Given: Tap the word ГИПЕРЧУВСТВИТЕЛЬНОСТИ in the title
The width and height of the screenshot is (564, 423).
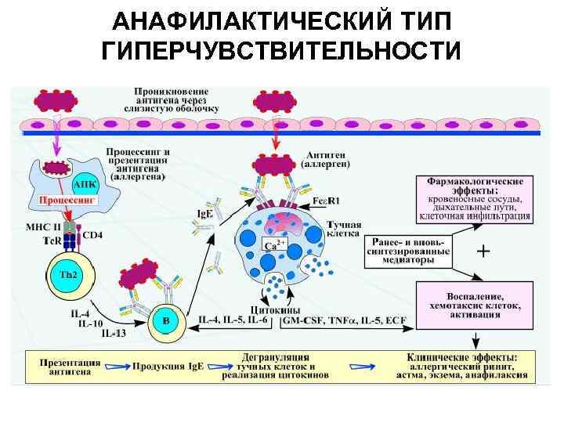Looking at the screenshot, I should pyautogui.click(x=281, y=51).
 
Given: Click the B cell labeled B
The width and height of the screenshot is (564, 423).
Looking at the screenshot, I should pyautogui.click(x=165, y=320).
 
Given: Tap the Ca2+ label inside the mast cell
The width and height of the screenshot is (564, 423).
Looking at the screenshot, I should pyautogui.click(x=273, y=247).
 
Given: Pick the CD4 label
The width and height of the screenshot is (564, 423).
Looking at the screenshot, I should pyautogui.click(x=92, y=233).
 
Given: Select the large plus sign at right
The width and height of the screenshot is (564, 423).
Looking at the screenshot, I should pyautogui.click(x=484, y=251).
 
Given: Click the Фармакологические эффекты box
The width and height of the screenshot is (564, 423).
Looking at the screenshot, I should pyautogui.click(x=476, y=198).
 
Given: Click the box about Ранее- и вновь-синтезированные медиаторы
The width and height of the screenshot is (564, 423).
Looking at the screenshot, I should pyautogui.click(x=407, y=251).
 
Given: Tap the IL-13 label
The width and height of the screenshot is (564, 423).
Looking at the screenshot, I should pyautogui.click(x=114, y=334).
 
